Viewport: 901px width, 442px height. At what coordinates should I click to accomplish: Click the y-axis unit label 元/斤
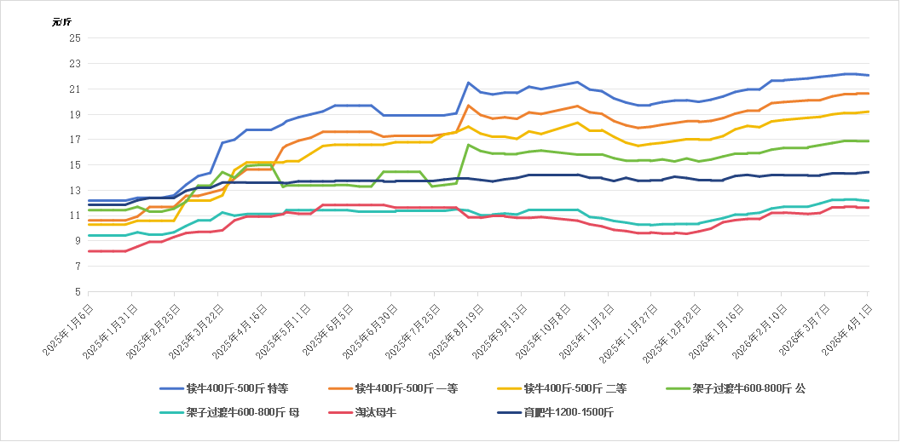(x=61, y=22)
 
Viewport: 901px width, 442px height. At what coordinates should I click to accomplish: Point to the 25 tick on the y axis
(x=75, y=37)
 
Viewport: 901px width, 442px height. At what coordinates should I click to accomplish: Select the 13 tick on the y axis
(x=75, y=190)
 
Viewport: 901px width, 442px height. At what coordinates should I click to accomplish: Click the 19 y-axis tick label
(x=75, y=114)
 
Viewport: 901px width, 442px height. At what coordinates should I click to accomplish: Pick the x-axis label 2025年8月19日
(x=455, y=325)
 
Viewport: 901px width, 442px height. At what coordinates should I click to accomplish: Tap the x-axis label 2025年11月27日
(x=628, y=326)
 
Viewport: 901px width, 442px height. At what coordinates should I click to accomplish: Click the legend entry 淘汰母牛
(x=376, y=413)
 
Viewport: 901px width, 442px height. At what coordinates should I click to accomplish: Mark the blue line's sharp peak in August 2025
(x=469, y=83)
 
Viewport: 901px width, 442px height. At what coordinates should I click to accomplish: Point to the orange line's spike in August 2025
(x=469, y=106)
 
